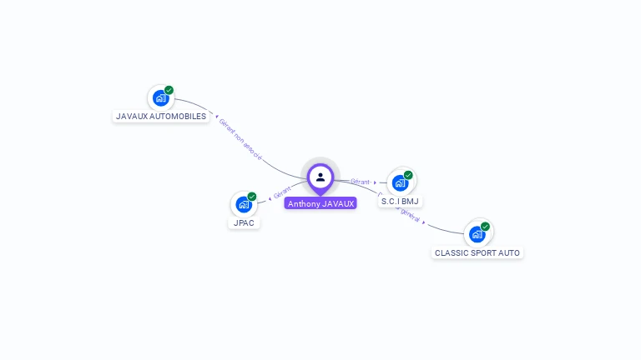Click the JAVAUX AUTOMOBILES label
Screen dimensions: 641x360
click(x=161, y=117)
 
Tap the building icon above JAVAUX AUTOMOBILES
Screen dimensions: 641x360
click(x=160, y=98)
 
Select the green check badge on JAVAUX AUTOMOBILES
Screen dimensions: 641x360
click(x=169, y=90)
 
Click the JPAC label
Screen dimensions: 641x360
click(x=244, y=223)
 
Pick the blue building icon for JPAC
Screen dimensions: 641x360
click(x=243, y=204)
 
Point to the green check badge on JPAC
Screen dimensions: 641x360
click(x=252, y=197)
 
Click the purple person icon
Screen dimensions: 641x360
click(x=320, y=177)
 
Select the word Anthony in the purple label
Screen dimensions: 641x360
click(x=304, y=203)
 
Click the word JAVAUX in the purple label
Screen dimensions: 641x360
click(x=338, y=203)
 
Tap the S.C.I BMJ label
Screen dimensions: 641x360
click(x=401, y=202)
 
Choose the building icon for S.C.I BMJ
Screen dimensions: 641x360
click(x=400, y=182)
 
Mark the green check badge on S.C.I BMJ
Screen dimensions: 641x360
click(x=408, y=175)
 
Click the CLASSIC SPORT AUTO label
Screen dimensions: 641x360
click(x=477, y=252)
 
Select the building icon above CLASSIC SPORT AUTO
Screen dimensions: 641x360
click(x=477, y=234)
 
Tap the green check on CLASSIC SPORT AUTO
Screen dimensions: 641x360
click(x=485, y=226)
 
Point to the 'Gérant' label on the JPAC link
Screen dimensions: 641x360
click(x=282, y=195)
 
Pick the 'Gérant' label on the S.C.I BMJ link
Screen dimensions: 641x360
click(x=361, y=182)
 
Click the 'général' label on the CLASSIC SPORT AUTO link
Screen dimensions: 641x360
click(x=410, y=214)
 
